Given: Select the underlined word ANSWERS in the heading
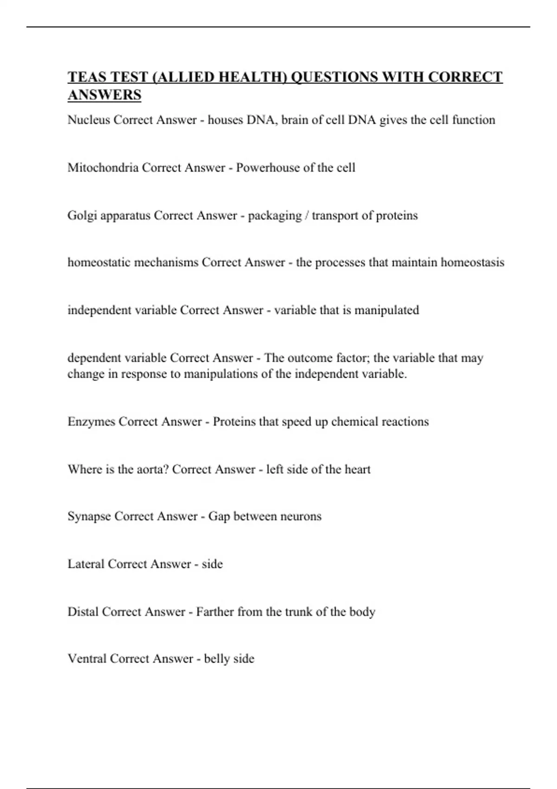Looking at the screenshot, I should point(104,95).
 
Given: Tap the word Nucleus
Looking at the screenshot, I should point(89,120).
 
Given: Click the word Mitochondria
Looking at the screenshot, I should point(103,168).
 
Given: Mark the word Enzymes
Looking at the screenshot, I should point(91,422).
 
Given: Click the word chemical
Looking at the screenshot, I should point(354,422).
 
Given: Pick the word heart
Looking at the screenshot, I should point(357,469).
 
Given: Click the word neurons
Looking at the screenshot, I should point(300,517).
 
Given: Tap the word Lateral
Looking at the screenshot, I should point(86,564).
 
